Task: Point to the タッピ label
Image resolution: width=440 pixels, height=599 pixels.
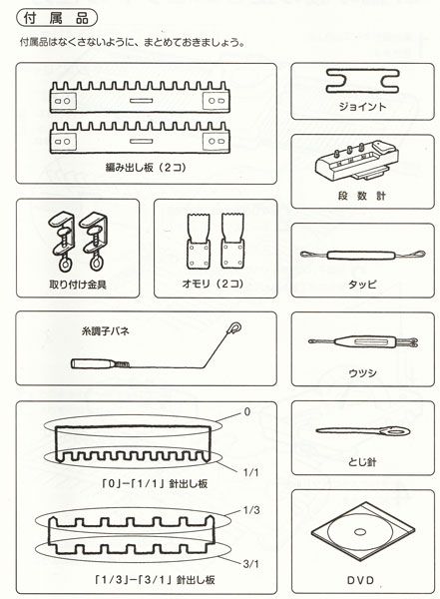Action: coord(361,284)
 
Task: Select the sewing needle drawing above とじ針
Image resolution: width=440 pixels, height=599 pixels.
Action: coord(360,433)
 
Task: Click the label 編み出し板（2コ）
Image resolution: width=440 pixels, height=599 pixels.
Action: coord(141,170)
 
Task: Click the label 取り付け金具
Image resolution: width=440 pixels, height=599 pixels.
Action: coord(75,284)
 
